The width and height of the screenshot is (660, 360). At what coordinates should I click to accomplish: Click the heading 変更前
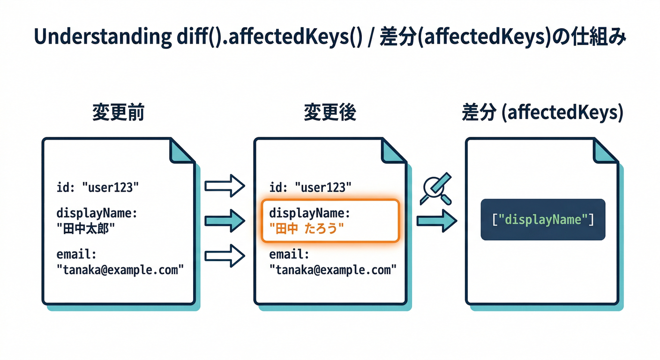pos(118,113)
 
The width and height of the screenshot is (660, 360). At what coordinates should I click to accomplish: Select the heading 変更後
pos(330,113)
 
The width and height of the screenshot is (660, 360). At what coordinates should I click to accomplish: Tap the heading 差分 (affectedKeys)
pos(542,113)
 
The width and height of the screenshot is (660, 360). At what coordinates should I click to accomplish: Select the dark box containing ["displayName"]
pos(543,219)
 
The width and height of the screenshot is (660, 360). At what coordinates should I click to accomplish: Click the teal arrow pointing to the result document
pos(436,220)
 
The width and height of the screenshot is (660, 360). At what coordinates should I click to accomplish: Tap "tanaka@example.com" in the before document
pos(120,270)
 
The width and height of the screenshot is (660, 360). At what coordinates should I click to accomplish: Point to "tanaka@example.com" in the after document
pos(333,270)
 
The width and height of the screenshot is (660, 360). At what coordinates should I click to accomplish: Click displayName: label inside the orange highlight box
pos(309,213)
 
